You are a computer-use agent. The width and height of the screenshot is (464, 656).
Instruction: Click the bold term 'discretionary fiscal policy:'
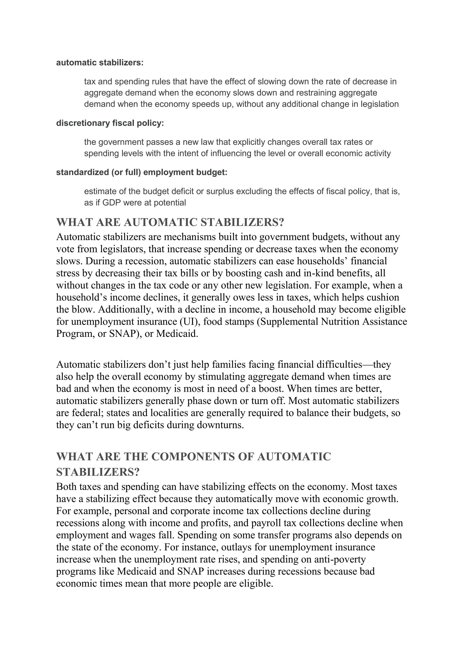110,123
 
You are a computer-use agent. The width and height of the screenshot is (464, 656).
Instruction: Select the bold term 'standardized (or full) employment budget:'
142,172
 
